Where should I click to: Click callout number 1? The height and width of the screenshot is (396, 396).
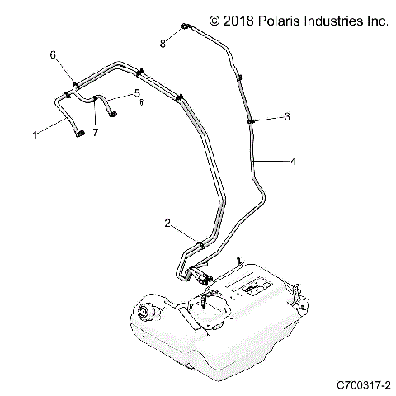click(x=35, y=134)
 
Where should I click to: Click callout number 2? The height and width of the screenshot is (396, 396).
click(x=168, y=224)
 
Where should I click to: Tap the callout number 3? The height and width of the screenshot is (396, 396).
click(x=286, y=118)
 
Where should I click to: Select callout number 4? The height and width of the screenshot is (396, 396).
click(x=293, y=163)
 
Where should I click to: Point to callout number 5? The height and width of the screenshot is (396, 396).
click(x=137, y=92)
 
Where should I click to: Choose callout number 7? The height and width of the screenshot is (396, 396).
click(x=96, y=132)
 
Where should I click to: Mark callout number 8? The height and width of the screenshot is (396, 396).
click(x=163, y=42)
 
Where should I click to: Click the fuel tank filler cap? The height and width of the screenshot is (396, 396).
click(x=148, y=313)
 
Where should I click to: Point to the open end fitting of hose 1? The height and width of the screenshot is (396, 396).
click(x=81, y=134)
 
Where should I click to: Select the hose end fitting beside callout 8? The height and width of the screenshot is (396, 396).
click(x=185, y=28)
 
